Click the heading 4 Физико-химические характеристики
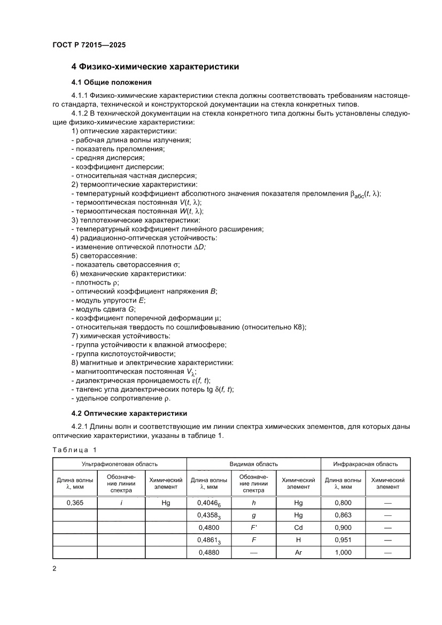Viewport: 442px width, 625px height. point(155,67)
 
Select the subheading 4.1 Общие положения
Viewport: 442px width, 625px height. point(112,82)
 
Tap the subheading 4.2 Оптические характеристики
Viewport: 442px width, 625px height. point(129,413)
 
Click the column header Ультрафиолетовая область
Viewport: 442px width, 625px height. point(119,464)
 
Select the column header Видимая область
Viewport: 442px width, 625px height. point(253,464)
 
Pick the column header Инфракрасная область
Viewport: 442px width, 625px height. point(365,464)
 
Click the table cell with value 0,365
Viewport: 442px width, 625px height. point(75,503)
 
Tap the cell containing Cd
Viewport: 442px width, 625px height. point(298,528)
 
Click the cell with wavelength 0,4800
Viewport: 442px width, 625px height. point(208,528)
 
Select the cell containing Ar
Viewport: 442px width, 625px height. point(298,552)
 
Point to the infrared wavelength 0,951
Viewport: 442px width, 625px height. point(343,540)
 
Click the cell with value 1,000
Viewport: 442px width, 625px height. point(343,552)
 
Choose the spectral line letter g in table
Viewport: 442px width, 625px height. point(253,515)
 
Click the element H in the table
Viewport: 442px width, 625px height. point(298,540)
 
